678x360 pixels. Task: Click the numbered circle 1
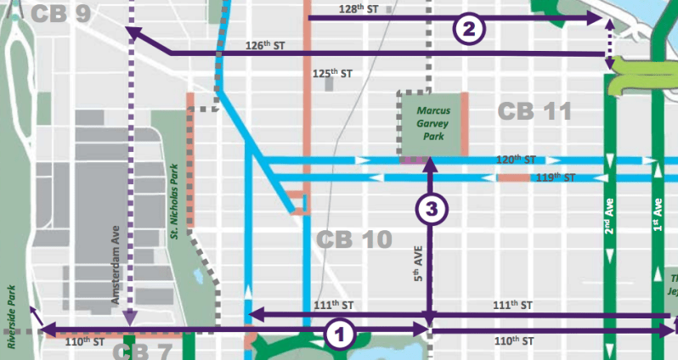click(340, 334)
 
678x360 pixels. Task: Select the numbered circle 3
click(430, 209)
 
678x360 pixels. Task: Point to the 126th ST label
click(264, 45)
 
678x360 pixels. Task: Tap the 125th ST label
click(331, 75)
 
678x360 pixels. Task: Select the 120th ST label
click(517, 159)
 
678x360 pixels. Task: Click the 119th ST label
click(557, 178)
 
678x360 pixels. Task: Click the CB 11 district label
click(534, 111)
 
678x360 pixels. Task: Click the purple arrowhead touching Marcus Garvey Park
click(430, 162)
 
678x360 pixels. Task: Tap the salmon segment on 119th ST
click(512, 178)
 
